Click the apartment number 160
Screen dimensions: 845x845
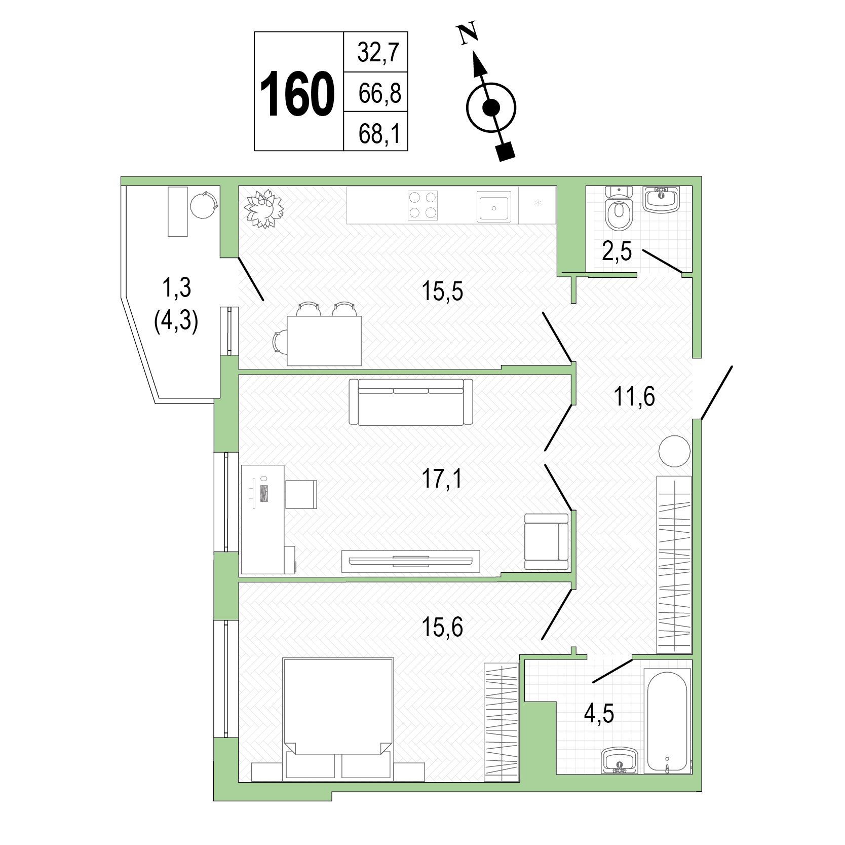(297, 94)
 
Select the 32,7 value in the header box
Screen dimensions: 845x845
(378, 52)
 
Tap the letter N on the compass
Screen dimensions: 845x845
(469, 34)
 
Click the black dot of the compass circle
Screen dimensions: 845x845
(491, 107)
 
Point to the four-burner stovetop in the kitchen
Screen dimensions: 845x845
(423, 205)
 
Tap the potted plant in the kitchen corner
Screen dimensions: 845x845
(263, 208)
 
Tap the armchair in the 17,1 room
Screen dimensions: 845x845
(547, 541)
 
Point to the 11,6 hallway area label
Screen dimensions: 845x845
(634, 396)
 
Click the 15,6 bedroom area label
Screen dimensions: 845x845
(442, 628)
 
